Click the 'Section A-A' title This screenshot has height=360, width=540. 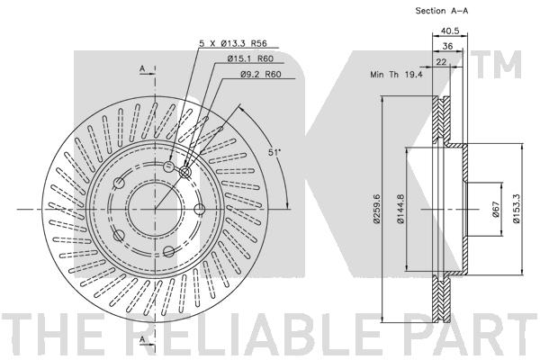[x=442, y=11]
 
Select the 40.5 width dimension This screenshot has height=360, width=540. [x=450, y=31]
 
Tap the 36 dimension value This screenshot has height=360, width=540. [x=447, y=46]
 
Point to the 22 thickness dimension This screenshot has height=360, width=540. [x=441, y=62]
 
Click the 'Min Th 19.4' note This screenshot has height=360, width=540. [x=396, y=74]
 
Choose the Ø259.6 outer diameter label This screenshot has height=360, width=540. [x=376, y=208]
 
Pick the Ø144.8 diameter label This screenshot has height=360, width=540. [x=400, y=209]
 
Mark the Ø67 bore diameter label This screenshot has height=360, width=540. [x=496, y=209]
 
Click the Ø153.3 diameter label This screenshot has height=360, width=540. [x=517, y=209]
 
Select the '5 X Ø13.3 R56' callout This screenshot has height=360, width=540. [x=233, y=43]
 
